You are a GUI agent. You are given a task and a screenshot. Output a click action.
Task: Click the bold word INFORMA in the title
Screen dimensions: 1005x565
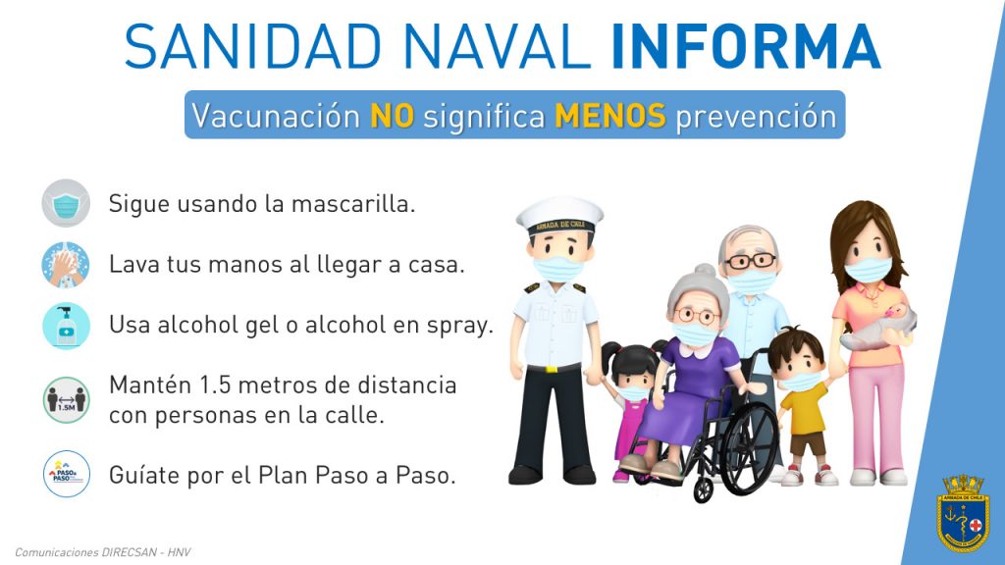click(746, 46)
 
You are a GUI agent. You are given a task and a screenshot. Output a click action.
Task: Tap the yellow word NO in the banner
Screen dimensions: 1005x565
click(393, 116)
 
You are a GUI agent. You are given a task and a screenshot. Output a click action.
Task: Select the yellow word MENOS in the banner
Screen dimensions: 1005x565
click(610, 116)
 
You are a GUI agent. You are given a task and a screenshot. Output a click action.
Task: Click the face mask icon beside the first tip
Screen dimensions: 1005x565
click(66, 204)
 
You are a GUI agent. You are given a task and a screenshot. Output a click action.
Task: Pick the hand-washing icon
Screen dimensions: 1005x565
click(66, 265)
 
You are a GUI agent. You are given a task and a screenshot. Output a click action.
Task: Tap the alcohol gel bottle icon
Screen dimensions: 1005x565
click(66, 326)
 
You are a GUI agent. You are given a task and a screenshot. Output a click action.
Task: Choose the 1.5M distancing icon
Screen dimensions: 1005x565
click(66, 400)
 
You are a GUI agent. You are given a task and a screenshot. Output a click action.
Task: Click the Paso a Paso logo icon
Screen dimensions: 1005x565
click(66, 474)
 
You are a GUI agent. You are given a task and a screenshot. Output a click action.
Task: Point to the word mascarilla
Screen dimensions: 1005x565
click(353, 204)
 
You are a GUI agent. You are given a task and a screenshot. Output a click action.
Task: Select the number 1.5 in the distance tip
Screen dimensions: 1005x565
click(215, 385)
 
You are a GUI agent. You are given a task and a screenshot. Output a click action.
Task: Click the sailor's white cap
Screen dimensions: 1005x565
click(559, 216)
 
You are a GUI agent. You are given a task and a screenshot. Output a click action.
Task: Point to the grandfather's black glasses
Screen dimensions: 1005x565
click(749, 261)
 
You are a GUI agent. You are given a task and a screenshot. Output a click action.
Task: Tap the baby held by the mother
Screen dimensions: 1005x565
click(879, 327)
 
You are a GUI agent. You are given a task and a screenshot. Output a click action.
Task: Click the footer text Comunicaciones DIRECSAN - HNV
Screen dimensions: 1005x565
click(102, 552)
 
